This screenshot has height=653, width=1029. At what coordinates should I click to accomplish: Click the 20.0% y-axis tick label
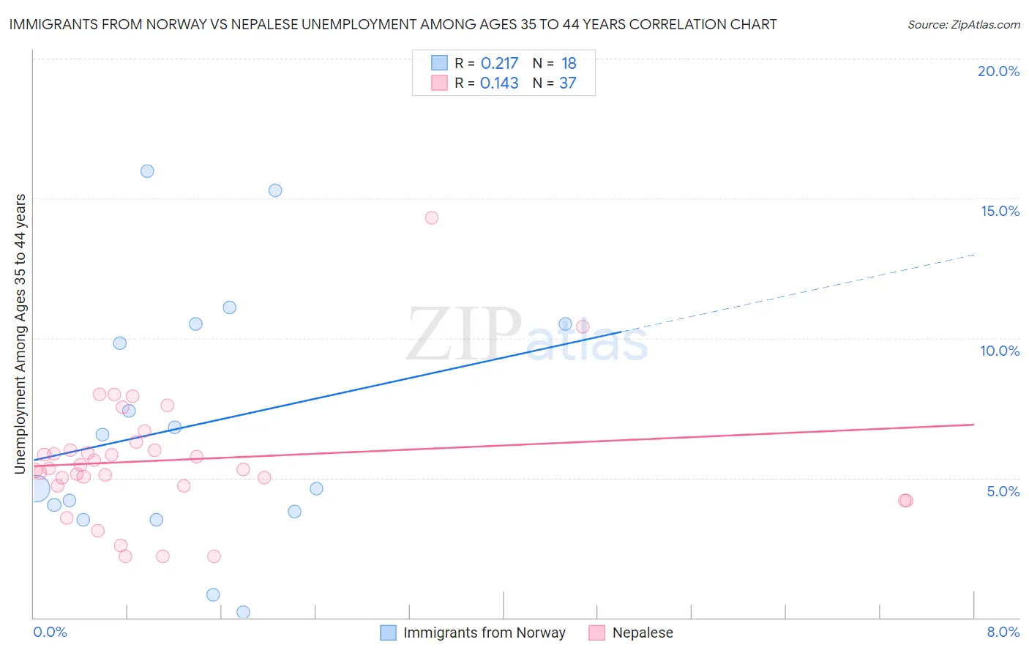pos(998,71)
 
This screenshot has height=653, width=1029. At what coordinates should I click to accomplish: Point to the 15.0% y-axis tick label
pos(1000,211)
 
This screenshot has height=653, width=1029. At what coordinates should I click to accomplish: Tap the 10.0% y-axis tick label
pos(1000,351)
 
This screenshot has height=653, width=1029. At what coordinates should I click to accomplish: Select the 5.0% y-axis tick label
pos(1003,491)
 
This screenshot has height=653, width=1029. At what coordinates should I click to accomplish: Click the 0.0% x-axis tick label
pos(50,632)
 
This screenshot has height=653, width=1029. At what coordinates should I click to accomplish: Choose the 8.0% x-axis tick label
pos(1003,632)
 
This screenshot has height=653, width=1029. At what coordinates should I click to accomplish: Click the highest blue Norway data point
pos(147,171)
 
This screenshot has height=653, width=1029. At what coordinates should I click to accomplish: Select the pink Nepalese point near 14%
pos(432,217)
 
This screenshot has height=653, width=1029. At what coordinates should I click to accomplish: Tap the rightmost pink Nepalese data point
pos(905,501)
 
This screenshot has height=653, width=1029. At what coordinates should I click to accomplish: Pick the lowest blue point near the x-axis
pos(244,612)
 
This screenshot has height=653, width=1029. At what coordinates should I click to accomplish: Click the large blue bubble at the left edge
pos(36,488)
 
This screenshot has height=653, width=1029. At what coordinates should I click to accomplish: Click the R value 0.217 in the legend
pos(499,64)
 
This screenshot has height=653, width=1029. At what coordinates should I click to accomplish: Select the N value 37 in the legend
pos(568,83)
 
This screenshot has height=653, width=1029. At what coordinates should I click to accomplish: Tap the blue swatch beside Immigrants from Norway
pos(389,633)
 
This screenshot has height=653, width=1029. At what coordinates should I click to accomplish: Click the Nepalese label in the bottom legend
pos(643,633)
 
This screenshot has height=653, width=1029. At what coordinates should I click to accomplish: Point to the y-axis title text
pos(20,334)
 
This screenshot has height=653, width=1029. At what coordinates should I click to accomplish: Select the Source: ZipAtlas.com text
pos(963,25)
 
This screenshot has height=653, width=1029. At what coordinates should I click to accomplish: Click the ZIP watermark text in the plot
pos(464,335)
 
